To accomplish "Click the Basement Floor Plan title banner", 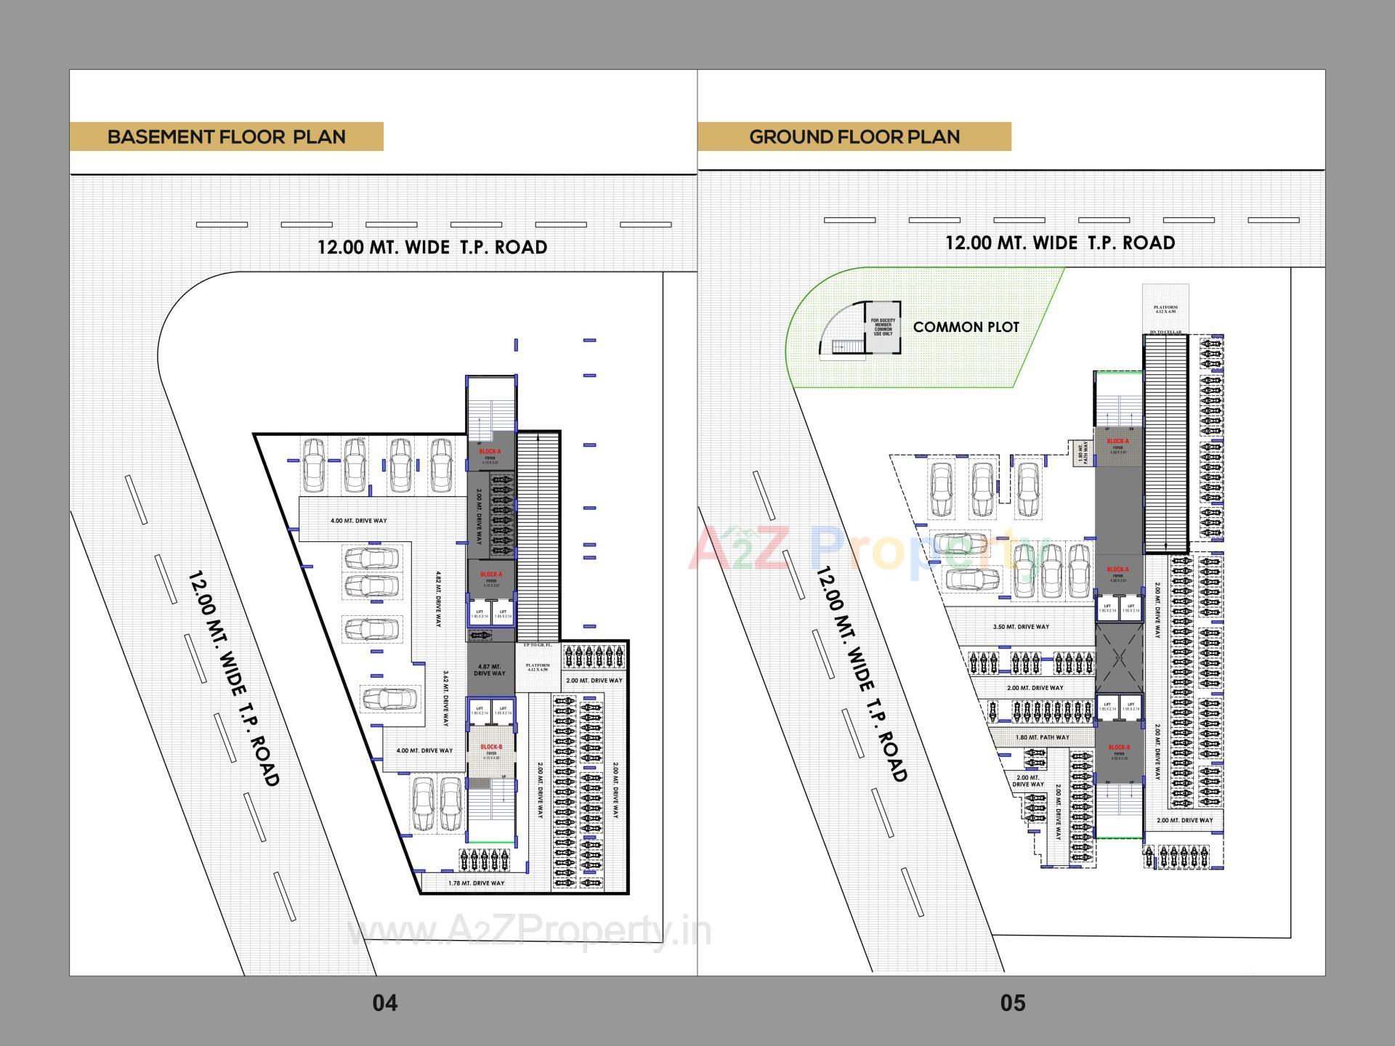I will click(226, 137).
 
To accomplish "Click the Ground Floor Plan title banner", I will click(854, 137).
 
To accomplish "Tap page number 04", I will click(384, 1003).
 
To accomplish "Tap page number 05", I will click(1012, 1003).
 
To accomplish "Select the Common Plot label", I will click(966, 327).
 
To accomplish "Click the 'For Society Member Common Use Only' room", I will click(883, 328).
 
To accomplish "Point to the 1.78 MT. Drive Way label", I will click(476, 883).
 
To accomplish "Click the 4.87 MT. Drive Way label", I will click(490, 670).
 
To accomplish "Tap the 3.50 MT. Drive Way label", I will click(1021, 627).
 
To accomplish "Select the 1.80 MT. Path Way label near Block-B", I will click(1043, 737).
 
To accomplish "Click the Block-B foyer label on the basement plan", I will click(491, 750).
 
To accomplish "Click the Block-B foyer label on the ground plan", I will click(1118, 750).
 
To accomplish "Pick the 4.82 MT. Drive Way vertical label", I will click(439, 599).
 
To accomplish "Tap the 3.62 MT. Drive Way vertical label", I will click(445, 698).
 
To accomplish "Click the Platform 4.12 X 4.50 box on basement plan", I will click(538, 666).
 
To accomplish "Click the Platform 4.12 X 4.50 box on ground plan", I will click(1165, 308).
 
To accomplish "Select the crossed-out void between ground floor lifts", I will click(1118, 660).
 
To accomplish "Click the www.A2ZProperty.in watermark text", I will click(529, 931).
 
